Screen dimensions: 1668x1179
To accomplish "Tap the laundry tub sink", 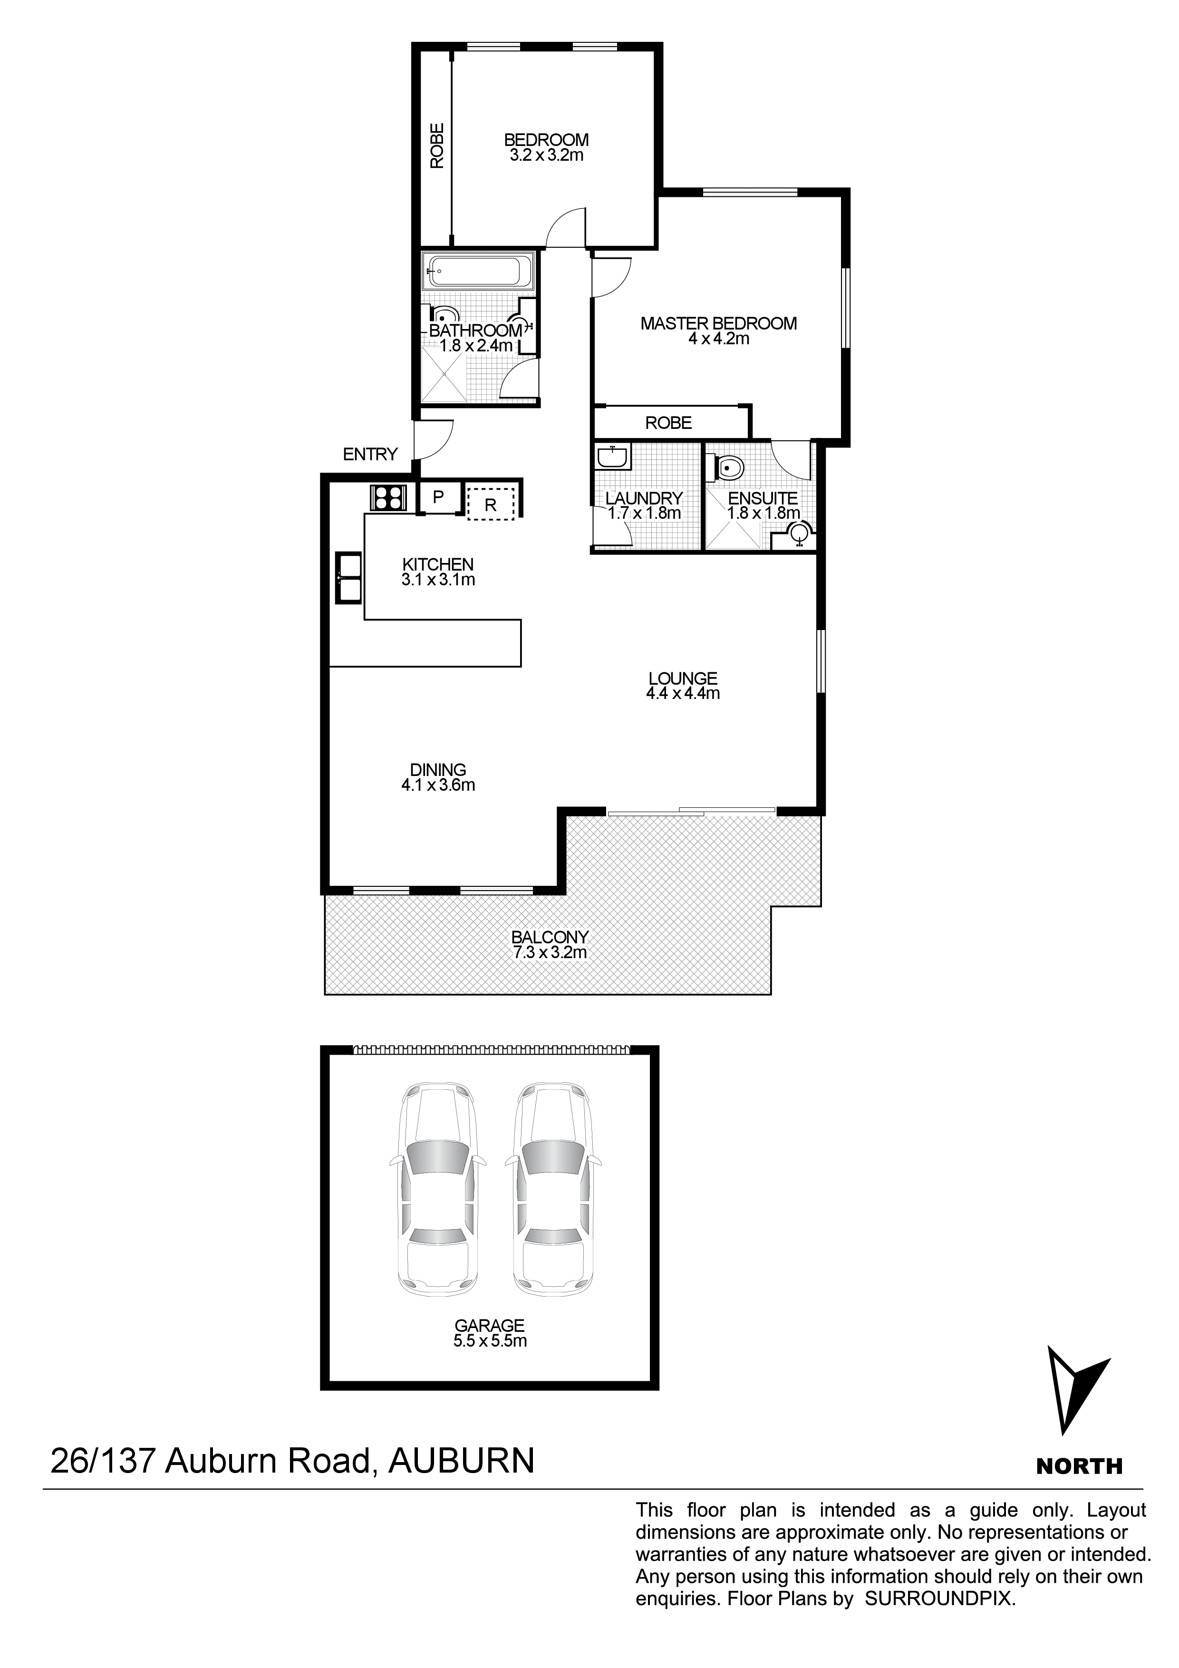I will click(612, 458).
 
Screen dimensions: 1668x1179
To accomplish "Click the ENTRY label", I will click(370, 455).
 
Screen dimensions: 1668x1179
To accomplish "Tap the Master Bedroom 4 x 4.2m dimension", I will click(718, 339).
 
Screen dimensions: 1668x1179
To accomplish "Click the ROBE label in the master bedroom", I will click(668, 423).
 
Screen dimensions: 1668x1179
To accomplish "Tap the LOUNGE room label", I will click(682, 678).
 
